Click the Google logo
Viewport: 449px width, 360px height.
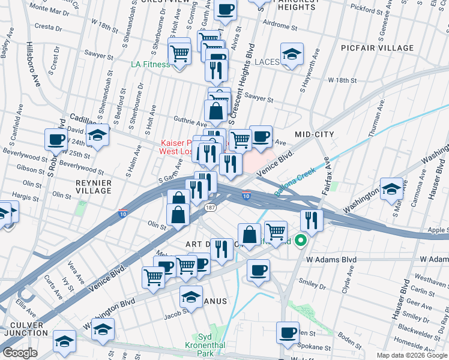[x=20, y=353]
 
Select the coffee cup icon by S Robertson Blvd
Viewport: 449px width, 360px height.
[x=56, y=139]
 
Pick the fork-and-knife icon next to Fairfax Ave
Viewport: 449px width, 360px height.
[x=312, y=220]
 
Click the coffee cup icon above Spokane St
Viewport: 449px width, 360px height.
[x=288, y=332]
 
